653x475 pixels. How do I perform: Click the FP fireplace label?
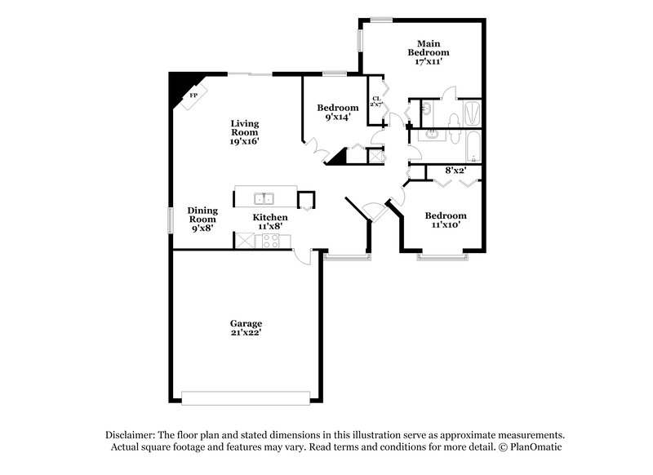[x=193, y=96]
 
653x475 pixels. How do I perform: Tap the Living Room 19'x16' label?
[x=244, y=131]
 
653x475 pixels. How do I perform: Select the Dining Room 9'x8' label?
[x=202, y=219]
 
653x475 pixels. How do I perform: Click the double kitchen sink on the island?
[x=264, y=198]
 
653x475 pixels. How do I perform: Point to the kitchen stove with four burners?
[x=270, y=241]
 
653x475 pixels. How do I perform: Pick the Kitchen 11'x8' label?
[x=269, y=222]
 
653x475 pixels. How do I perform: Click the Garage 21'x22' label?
[x=246, y=328]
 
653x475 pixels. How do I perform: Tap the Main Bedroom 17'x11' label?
[x=430, y=52]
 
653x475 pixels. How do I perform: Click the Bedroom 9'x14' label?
[x=338, y=113]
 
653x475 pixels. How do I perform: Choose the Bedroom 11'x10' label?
[x=446, y=220]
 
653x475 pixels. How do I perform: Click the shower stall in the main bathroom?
[x=471, y=112]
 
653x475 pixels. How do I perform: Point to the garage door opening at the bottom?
[x=247, y=397]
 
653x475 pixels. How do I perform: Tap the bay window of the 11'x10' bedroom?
[x=443, y=258]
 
